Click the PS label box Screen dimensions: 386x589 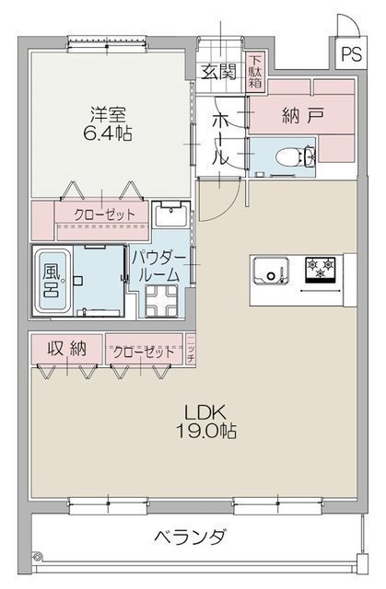[351, 53]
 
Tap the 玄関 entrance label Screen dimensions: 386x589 [218, 72]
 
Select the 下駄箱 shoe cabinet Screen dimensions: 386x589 [255, 72]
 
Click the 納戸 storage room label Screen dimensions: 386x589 [302, 116]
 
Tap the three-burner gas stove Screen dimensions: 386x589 [321, 269]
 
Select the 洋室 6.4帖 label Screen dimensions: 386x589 [108, 124]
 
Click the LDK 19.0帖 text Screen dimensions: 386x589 [206, 422]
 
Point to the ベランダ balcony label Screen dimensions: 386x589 [191, 537]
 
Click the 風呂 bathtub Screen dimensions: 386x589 [53, 280]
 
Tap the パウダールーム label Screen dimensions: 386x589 [158, 267]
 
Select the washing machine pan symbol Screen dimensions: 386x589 [161, 301]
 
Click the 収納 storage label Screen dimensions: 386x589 [66, 349]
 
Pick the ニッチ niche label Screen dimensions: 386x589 [191, 348]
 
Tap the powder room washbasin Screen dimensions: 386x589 [171, 214]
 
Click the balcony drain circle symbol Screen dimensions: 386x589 [37, 556]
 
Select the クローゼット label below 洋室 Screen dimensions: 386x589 [104, 214]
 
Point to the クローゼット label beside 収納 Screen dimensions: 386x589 [144, 352]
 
